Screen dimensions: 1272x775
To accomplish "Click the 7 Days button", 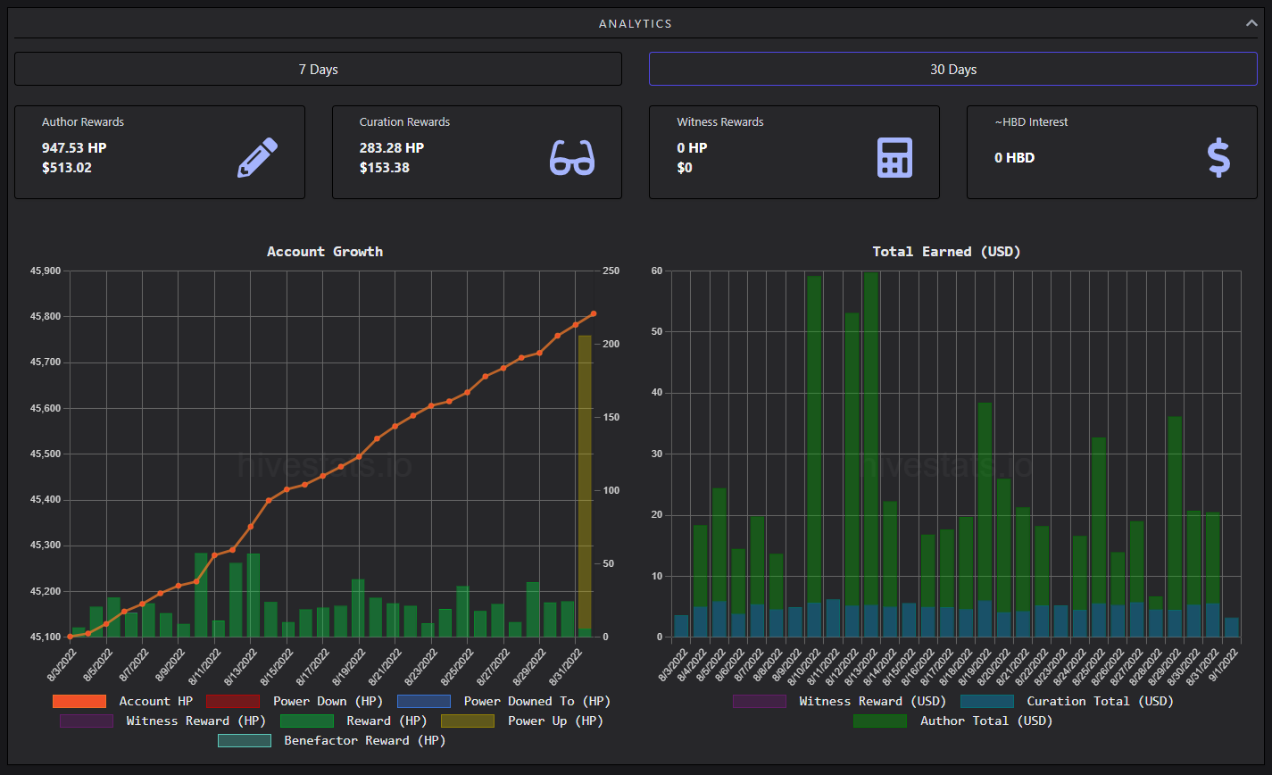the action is pyautogui.click(x=318, y=69).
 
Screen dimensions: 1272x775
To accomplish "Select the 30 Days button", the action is pyautogui.click(x=952, y=69).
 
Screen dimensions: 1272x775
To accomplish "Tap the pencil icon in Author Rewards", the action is pyautogui.click(x=257, y=157).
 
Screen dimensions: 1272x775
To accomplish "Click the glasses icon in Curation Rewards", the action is pyautogui.click(x=572, y=157).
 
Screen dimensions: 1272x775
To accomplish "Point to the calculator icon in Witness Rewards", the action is pyautogui.click(x=894, y=157).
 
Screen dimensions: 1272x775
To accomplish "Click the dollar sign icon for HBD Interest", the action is pyautogui.click(x=1218, y=157).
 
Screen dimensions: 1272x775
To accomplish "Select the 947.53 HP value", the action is pyautogui.click(x=74, y=147).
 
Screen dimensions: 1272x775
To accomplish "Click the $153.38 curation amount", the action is pyautogui.click(x=385, y=168).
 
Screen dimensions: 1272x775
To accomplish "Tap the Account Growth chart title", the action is pyautogui.click(x=325, y=252).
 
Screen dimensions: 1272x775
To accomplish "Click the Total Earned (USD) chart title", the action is pyautogui.click(x=946, y=252).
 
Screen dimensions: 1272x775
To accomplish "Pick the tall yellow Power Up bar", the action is pyautogui.click(x=585, y=483).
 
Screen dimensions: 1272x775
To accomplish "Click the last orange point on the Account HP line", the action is pyautogui.click(x=594, y=313).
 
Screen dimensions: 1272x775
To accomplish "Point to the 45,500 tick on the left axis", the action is pyautogui.click(x=46, y=454).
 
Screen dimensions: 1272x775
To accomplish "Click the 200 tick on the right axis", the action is pyautogui.click(x=611, y=344).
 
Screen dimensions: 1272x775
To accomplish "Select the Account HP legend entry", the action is pyautogui.click(x=122, y=701).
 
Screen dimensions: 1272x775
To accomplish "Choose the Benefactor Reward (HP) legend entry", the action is pyautogui.click(x=332, y=740).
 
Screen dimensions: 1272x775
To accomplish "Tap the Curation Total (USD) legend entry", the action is pyautogui.click(x=1067, y=701).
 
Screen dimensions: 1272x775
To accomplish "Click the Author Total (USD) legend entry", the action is pyautogui.click(x=952, y=721).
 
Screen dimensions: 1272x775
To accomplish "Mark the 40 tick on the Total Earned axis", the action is pyautogui.click(x=657, y=393).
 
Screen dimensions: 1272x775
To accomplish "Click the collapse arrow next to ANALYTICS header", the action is pyautogui.click(x=1251, y=23).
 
